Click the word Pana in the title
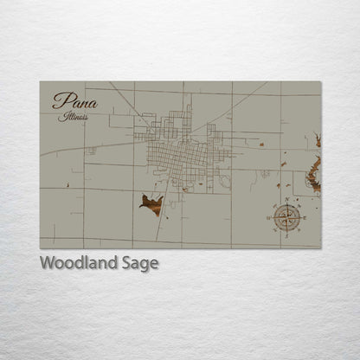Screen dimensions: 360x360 [74, 101]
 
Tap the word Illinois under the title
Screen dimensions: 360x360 [74, 116]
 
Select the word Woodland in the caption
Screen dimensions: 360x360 [78, 263]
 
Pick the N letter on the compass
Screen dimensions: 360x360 [286, 200]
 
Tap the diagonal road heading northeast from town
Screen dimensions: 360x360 [238, 104]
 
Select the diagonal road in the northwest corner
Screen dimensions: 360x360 [121, 97]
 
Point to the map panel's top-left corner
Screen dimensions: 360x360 [40, 81]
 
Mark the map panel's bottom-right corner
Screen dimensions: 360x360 [321, 248]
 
